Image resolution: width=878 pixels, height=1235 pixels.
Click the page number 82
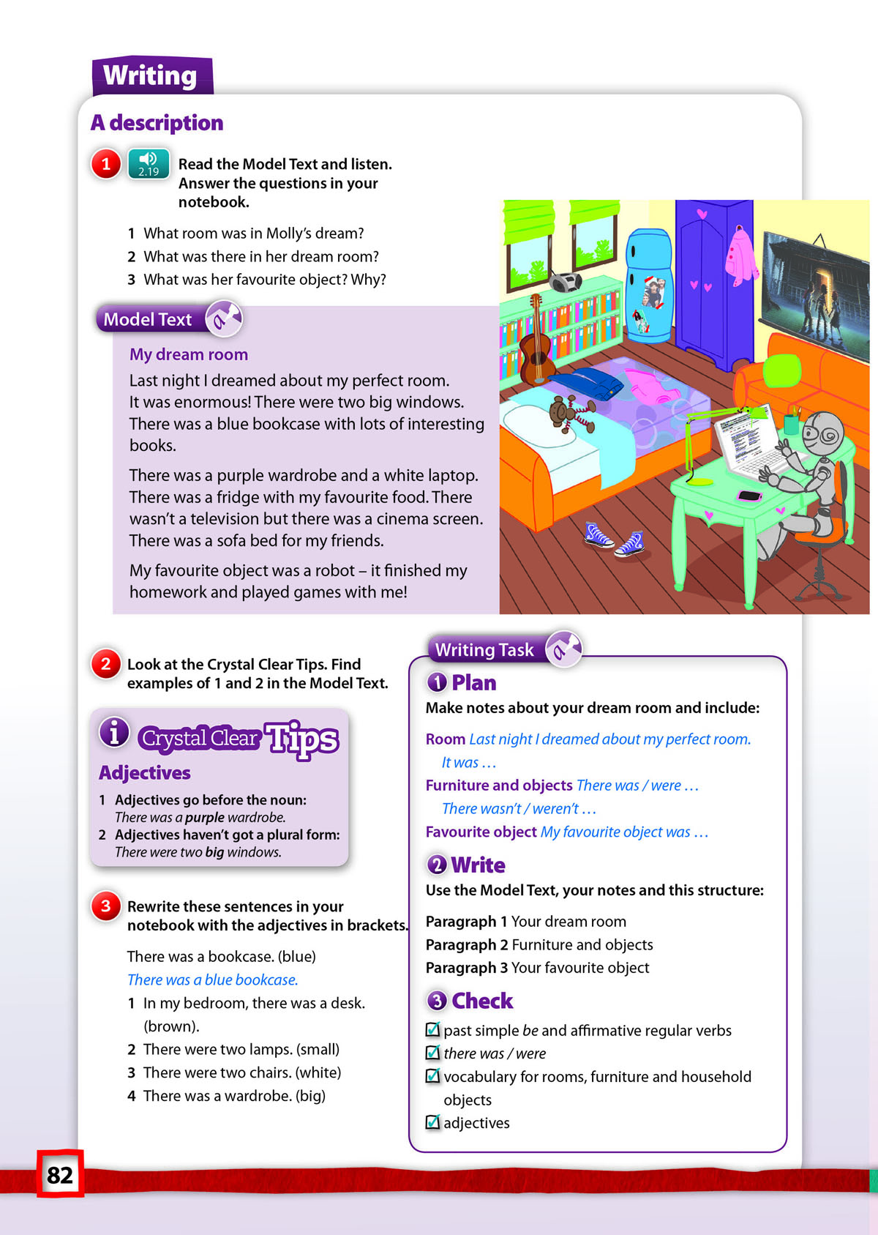point(60,1174)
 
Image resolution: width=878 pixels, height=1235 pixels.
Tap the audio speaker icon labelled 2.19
point(149,163)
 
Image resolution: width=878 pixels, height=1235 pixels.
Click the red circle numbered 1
point(106,163)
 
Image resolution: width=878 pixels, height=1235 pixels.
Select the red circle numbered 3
point(106,906)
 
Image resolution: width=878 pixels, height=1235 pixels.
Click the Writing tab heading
point(151,75)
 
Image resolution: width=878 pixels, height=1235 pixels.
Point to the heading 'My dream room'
point(189,354)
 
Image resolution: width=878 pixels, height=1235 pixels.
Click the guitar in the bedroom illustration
point(536,344)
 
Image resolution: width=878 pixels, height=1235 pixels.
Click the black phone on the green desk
point(749,496)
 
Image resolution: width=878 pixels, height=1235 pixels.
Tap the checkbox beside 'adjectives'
point(433,1122)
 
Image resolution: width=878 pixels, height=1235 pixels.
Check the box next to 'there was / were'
point(433,1053)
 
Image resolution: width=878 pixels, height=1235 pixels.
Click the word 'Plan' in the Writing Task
point(473,683)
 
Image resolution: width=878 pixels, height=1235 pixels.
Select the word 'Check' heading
point(482,1001)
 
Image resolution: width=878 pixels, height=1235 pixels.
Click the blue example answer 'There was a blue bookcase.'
point(212,980)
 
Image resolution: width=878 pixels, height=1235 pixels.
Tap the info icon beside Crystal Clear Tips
point(114,732)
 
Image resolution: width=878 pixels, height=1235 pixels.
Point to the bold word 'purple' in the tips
point(204,817)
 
